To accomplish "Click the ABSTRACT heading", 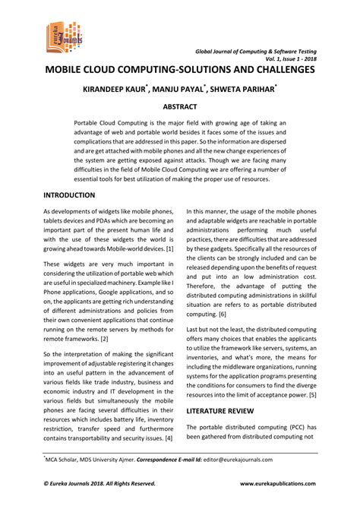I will pos(180,107).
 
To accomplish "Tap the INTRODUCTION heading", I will pos(69,195).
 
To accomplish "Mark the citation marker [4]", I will pos(169,438).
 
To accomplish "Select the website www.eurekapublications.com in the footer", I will pos(277,482).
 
